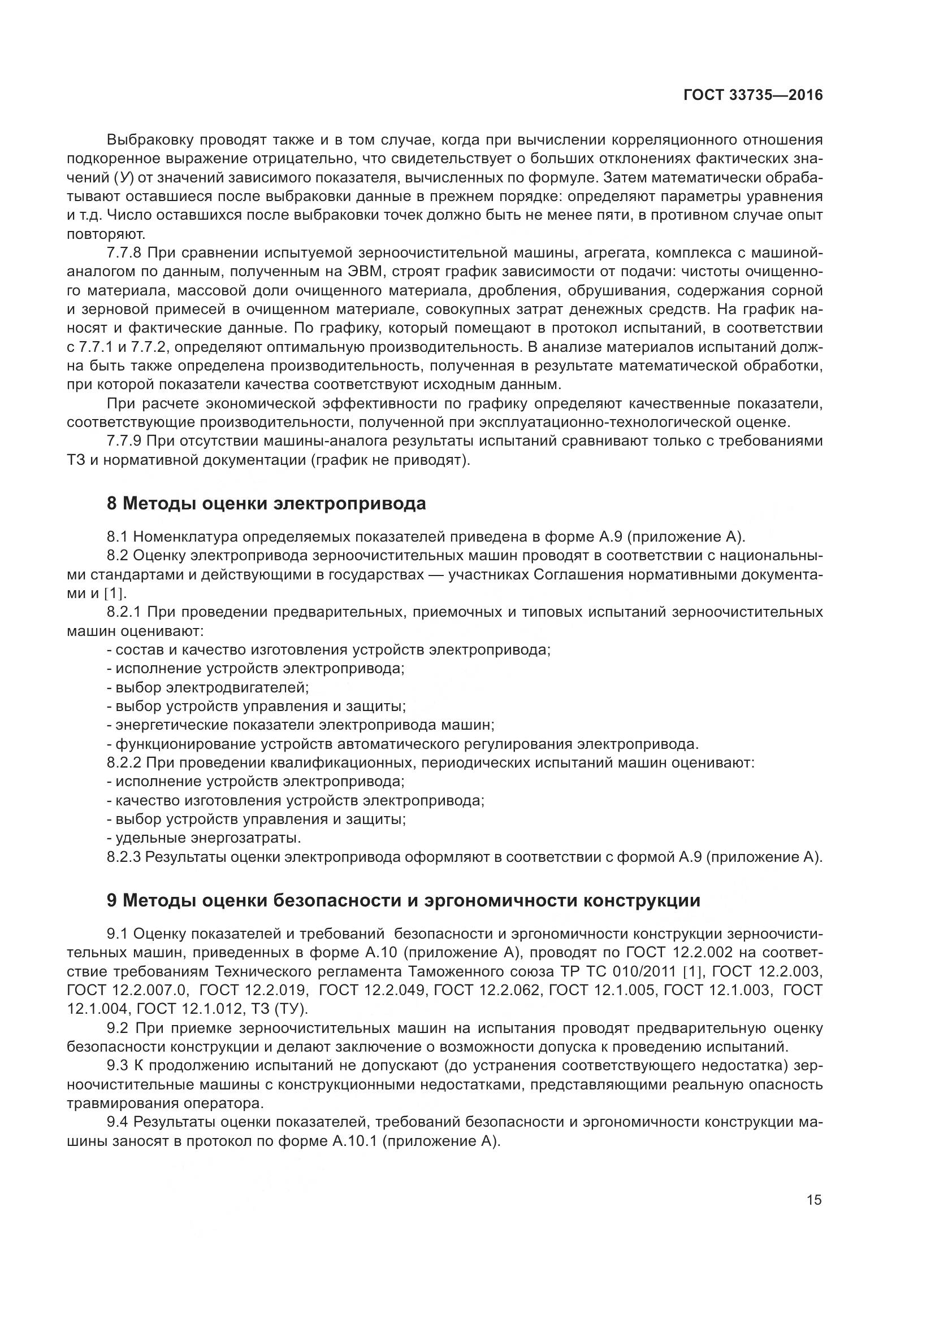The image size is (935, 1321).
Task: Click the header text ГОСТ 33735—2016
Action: [x=753, y=95]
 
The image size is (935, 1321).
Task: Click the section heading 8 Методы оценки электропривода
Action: [x=266, y=503]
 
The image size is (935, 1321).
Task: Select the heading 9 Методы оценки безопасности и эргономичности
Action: [x=403, y=900]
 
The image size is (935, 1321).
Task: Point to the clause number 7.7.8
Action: [x=124, y=253]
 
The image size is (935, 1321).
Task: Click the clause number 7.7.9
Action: [x=124, y=441]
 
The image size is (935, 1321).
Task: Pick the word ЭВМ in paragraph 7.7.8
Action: [x=360, y=272]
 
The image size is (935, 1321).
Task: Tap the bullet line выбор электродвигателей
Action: [x=211, y=687]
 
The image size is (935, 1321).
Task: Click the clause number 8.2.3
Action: [x=124, y=857]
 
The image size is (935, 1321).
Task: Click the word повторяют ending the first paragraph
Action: [x=105, y=234]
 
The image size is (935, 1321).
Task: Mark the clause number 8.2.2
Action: [x=124, y=763]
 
